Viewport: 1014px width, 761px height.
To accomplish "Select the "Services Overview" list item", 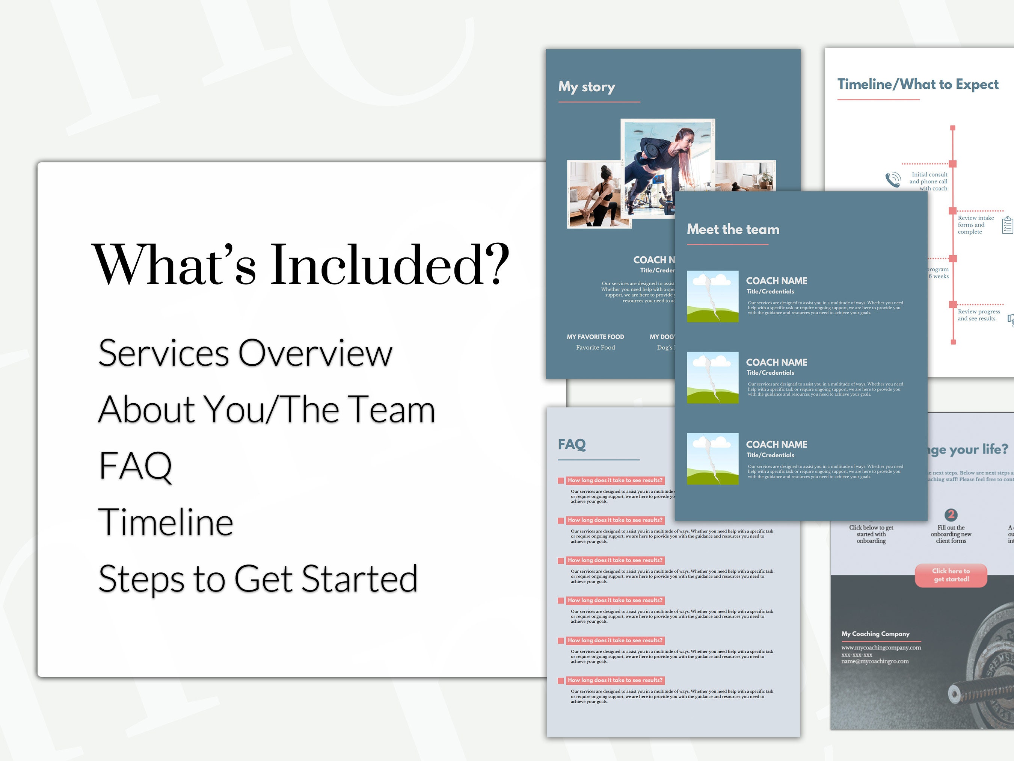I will point(245,353).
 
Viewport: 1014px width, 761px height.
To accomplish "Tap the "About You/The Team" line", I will point(266,409).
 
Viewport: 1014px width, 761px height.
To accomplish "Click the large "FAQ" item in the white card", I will point(135,466).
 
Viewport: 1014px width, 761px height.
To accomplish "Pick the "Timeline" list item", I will point(166,522).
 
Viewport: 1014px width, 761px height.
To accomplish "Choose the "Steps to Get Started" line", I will point(258,578).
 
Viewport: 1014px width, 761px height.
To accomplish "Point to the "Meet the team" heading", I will point(733,229).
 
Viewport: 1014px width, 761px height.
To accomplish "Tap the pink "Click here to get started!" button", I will point(951,575).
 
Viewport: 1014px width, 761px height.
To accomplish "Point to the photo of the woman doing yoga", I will point(599,194).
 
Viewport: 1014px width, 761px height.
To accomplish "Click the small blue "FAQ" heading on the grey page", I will point(572,444).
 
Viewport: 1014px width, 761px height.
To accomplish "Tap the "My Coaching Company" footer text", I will point(875,634).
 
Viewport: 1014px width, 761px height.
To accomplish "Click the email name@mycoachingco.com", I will point(875,661).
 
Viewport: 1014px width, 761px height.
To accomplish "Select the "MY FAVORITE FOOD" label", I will point(595,337).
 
